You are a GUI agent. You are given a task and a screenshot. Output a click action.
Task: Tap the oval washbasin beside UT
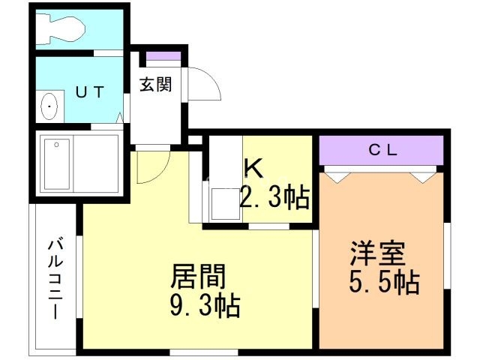49,106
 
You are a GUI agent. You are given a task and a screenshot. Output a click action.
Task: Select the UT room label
90,91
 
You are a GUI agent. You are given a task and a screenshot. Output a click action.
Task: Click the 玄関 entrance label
155,84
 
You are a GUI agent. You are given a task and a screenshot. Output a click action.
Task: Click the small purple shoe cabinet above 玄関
163,56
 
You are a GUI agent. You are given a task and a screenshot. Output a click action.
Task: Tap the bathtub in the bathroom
57,164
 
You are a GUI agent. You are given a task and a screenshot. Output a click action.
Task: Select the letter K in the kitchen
253,169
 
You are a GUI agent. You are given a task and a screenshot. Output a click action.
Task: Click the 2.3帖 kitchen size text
274,198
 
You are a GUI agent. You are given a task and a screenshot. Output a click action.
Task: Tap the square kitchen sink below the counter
226,203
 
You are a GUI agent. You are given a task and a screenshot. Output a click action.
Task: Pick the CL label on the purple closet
382,150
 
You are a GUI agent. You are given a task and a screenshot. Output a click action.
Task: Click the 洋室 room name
378,253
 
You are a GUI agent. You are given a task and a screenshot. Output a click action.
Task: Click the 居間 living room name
198,277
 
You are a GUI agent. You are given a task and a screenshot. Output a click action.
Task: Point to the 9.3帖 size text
205,305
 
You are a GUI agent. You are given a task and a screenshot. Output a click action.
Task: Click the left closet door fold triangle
337,178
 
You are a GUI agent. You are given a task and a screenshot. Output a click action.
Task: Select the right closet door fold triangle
423,178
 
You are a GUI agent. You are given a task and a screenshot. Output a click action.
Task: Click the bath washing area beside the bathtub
96,164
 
